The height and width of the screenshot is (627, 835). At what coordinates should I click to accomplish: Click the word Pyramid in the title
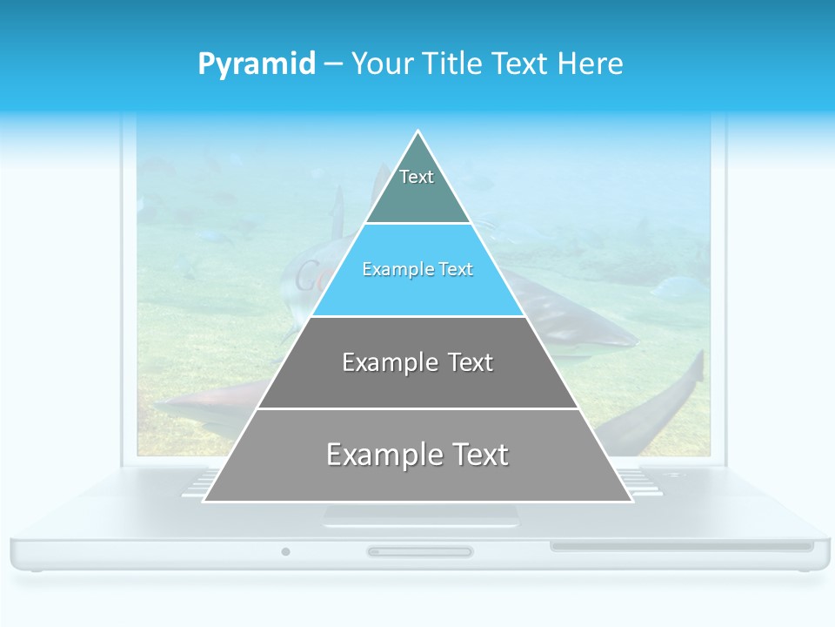[256, 64]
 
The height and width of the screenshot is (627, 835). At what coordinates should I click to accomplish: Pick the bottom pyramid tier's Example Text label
[417, 455]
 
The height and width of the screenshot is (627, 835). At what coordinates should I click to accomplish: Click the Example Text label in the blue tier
[417, 270]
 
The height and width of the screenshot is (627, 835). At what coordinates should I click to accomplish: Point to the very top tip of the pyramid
[418, 131]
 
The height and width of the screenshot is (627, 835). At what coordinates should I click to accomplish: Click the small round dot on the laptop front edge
[285, 551]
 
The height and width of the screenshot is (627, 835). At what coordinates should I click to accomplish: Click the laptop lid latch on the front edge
[420, 551]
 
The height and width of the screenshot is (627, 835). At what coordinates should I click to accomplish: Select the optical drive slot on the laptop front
[681, 547]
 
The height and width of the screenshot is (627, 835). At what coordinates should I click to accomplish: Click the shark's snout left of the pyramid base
[165, 406]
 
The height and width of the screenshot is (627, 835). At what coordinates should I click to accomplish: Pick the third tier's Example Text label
[417, 362]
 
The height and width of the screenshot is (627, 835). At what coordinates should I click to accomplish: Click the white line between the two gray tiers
[417, 408]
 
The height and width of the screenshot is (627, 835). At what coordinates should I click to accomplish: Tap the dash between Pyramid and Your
[333, 64]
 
